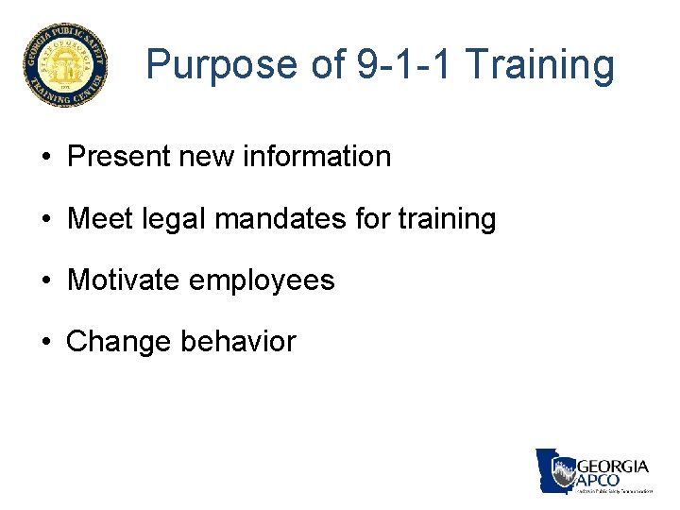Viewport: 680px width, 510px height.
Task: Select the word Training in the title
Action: coord(540,65)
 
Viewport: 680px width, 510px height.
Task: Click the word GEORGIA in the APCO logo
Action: coord(612,467)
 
